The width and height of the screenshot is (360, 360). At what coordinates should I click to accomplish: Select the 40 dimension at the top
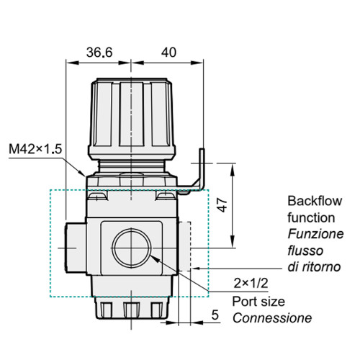168,53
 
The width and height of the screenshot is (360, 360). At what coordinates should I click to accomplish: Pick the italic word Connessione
271,318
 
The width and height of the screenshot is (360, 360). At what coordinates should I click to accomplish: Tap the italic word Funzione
315,233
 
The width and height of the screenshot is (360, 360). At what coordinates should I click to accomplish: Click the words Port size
258,301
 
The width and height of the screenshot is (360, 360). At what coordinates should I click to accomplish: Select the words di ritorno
314,266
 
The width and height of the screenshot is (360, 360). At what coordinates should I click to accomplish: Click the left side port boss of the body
75,248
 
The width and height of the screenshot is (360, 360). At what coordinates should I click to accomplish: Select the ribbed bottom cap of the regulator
131,308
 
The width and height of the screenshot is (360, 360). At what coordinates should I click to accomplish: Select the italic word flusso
305,250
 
